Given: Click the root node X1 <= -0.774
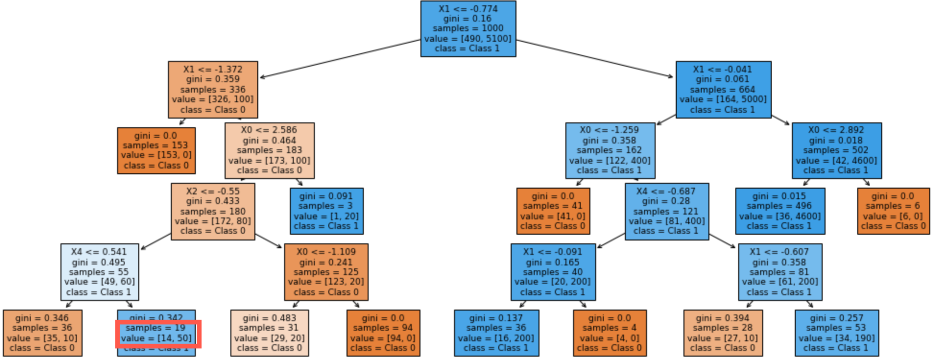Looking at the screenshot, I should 468,29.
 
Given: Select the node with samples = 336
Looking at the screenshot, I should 213,90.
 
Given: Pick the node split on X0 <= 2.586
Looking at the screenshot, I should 269,150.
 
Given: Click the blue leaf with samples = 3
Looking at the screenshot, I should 326,211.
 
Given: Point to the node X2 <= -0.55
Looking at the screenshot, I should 213,211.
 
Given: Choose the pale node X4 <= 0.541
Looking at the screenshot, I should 99,272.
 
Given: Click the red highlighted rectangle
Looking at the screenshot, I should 158,334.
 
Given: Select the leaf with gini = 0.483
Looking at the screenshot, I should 269,333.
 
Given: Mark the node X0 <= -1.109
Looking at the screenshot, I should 326,272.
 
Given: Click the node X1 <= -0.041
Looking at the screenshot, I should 723,90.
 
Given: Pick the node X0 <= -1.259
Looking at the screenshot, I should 610,150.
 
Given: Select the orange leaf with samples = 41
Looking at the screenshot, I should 553,211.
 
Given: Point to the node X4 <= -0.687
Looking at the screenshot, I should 667,211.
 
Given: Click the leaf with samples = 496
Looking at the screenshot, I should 780,211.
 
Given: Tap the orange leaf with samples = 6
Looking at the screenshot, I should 893,211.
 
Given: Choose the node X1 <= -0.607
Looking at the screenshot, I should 780,272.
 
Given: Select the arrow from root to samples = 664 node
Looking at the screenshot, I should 595,59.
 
